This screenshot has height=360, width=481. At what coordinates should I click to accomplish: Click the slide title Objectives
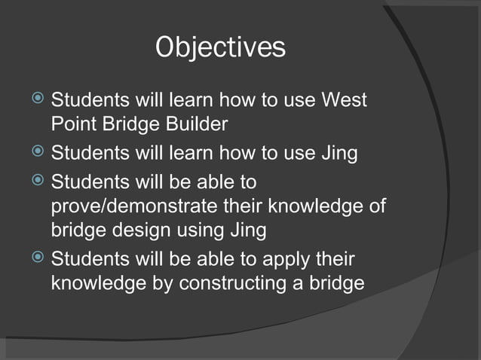(220, 48)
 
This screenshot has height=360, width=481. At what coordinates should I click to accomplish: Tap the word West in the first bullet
(345, 99)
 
